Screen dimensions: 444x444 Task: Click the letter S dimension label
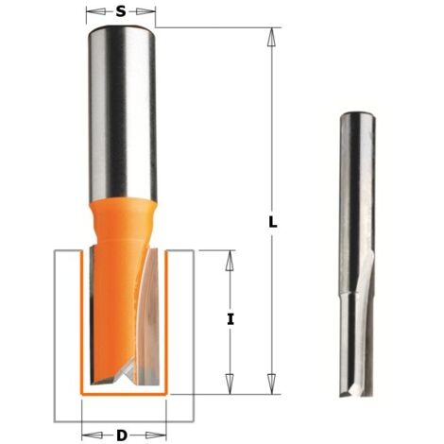(x=121, y=11)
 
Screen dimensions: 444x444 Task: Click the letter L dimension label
(x=273, y=222)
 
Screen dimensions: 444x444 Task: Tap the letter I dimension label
(x=231, y=320)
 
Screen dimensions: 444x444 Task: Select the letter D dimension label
(x=122, y=435)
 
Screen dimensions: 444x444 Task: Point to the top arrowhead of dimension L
(x=271, y=37)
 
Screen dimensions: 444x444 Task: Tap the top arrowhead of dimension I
(x=231, y=260)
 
